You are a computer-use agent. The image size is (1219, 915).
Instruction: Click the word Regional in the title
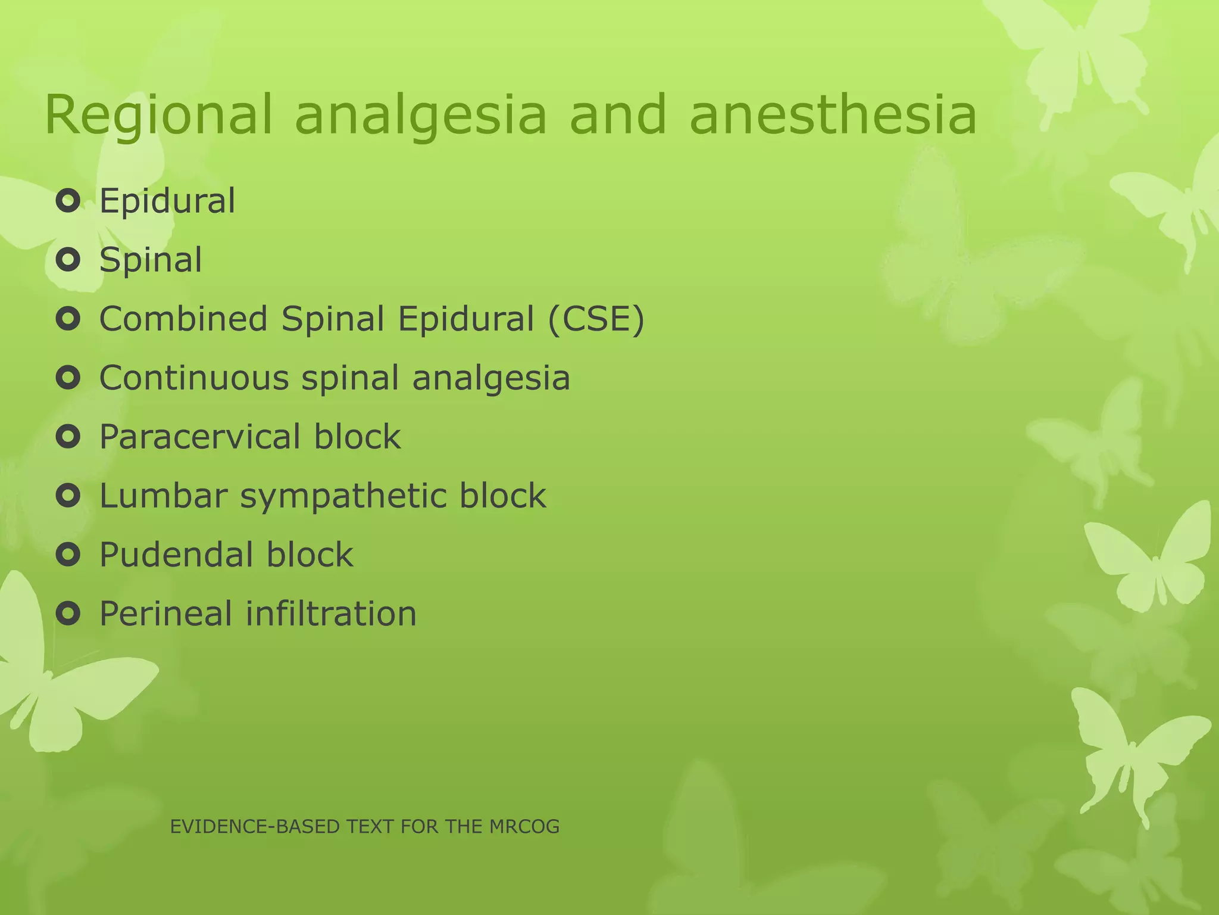point(158,116)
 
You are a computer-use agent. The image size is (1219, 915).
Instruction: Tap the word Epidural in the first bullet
point(167,201)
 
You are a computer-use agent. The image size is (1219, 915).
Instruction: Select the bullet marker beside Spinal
point(68,260)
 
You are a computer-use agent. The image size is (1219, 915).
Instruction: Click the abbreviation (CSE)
point(596,319)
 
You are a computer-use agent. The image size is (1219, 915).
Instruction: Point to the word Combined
point(183,319)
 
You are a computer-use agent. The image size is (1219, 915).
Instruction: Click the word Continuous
point(194,378)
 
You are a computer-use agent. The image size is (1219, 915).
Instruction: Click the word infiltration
point(331,614)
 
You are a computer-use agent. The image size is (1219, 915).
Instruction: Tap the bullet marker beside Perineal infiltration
point(68,614)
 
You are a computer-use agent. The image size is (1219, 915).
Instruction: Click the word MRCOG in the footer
point(524,827)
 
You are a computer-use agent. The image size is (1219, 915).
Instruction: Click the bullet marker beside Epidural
point(68,201)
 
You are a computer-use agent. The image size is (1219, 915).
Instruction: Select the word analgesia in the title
point(420,116)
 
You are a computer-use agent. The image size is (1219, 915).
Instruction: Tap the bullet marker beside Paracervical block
point(68,437)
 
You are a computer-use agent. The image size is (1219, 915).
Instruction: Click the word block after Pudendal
point(310,555)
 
